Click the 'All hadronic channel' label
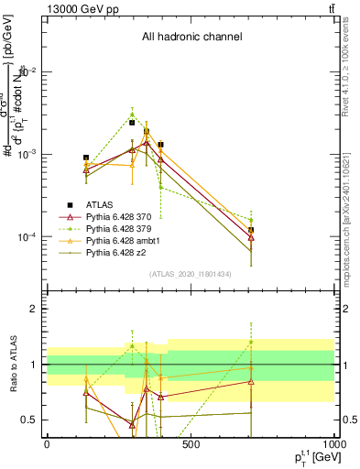point(191,38)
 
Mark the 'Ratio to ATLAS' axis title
point(12,364)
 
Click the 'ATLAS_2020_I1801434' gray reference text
point(191,274)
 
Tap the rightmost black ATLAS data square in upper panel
point(251,230)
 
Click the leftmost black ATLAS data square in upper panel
point(86,158)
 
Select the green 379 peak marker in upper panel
point(132,115)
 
